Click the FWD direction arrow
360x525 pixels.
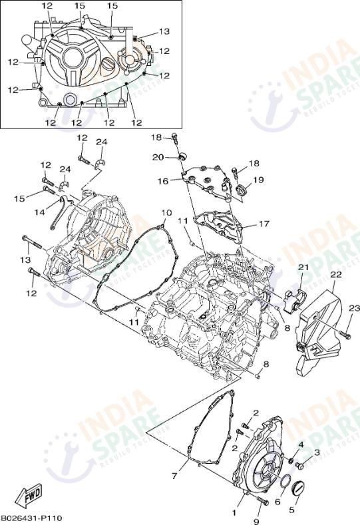tap(31, 495)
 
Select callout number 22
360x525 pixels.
tap(336, 274)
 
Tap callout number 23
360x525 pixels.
tap(354, 307)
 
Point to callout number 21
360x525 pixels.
tap(303, 267)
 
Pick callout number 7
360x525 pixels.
tap(174, 476)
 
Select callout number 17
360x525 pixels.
tap(264, 224)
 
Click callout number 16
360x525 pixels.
tap(163, 181)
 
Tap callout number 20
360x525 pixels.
tap(158, 157)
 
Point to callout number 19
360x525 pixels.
tap(258, 180)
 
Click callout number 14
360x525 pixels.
tap(39, 212)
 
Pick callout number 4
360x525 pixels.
tap(300, 444)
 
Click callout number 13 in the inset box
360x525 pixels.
tap(164, 31)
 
